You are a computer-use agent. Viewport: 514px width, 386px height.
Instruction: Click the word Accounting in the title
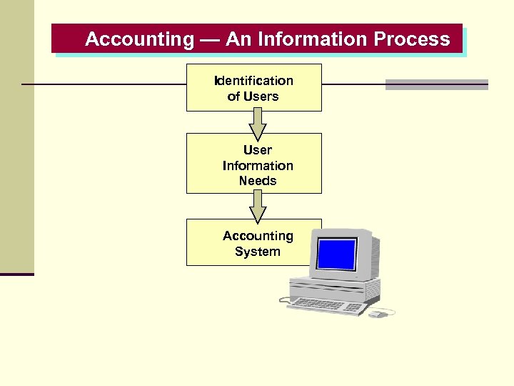tap(139, 39)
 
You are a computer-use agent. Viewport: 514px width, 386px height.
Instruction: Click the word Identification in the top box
tap(253, 81)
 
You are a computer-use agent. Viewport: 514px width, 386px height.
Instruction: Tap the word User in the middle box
tap(257, 150)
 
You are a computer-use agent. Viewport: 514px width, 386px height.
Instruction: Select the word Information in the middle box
tap(257, 166)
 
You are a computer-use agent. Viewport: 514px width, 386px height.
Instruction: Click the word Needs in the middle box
tap(257, 181)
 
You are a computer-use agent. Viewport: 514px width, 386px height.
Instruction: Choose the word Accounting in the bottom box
tap(257, 236)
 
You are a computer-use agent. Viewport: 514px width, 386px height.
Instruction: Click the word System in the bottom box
tap(257, 252)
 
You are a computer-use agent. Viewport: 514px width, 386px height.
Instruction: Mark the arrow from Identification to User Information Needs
tap(257, 127)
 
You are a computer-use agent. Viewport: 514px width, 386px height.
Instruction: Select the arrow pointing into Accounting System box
tap(257, 209)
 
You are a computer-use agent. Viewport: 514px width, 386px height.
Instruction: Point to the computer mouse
tap(376, 312)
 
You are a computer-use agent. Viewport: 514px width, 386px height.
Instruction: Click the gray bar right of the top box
tap(436, 84)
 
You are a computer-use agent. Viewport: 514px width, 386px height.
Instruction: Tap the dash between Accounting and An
tap(210, 39)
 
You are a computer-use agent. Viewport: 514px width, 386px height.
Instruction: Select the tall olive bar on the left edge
tap(16, 136)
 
